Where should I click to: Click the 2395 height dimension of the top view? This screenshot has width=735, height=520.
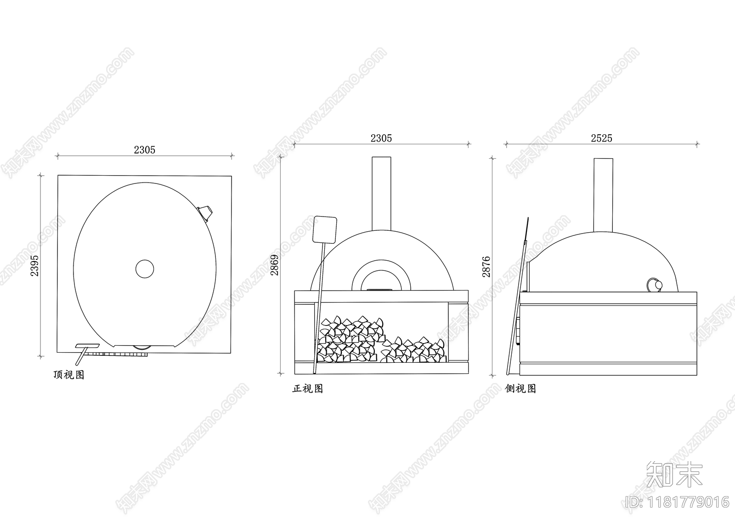[34, 266]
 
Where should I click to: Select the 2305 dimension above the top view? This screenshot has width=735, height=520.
[144, 150]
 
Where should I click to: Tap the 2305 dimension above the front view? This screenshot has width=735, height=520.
[381, 138]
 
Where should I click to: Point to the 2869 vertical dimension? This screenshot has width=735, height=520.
[274, 265]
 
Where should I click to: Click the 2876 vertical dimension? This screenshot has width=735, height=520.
[486, 267]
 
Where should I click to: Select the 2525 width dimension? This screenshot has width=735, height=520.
[601, 138]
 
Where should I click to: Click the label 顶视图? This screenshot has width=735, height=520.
[69, 375]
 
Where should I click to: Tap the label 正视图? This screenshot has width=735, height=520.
[307, 389]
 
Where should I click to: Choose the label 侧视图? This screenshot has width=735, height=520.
[520, 389]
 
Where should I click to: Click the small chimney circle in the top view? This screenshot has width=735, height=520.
[145, 269]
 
